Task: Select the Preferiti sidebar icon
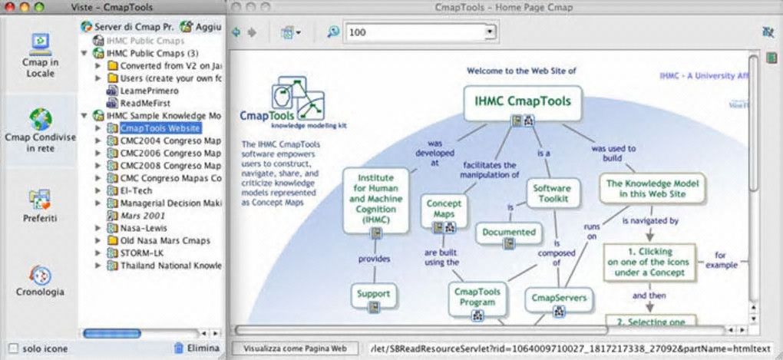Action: (40, 206)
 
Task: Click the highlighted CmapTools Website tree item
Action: (160, 128)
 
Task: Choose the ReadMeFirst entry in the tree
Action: (144, 103)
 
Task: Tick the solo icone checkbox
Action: (12, 348)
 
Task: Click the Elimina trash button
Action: (197, 348)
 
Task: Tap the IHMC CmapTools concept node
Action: (522, 100)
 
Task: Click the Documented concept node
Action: (509, 232)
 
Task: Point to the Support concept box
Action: (373, 293)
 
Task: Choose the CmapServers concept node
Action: (558, 297)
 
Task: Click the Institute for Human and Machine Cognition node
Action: (375, 198)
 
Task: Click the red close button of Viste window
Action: (8, 6)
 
